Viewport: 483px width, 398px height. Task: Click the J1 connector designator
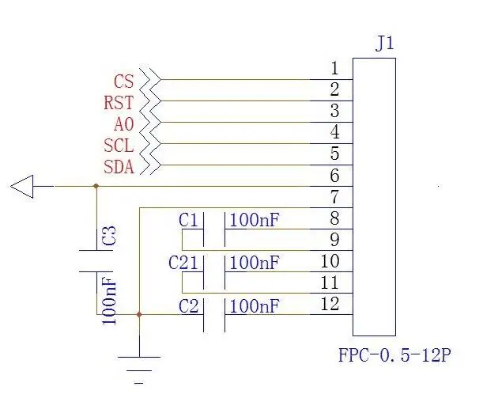pyautogui.click(x=384, y=44)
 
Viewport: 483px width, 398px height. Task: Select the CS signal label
pyautogui.click(x=124, y=81)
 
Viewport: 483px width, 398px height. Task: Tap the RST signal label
pyautogui.click(x=119, y=103)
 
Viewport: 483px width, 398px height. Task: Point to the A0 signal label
pyautogui.click(x=124, y=124)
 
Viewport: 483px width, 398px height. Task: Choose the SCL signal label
pyautogui.click(x=119, y=146)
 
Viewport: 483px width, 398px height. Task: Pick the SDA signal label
pyautogui.click(x=119, y=167)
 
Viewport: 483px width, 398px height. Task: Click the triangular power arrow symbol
pyautogui.click(x=22, y=187)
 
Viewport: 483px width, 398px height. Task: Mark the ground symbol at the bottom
pyautogui.click(x=139, y=370)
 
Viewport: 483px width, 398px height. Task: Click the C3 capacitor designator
pyautogui.click(x=109, y=236)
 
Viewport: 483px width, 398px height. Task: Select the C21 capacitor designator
pyautogui.click(x=183, y=263)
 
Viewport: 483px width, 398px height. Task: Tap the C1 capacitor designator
pyautogui.click(x=188, y=220)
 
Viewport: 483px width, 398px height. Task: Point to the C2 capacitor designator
pyautogui.click(x=188, y=306)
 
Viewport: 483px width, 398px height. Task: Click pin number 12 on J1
pyautogui.click(x=330, y=304)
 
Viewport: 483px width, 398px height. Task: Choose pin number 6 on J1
pyautogui.click(x=335, y=176)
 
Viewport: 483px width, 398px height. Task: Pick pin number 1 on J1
pyautogui.click(x=335, y=68)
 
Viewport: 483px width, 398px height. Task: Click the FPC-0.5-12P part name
pyautogui.click(x=394, y=354)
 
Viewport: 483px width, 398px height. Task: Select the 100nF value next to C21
pyautogui.click(x=255, y=263)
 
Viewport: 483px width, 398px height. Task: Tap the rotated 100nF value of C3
pyautogui.click(x=109, y=301)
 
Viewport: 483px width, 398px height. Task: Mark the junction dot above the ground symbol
pyautogui.click(x=139, y=314)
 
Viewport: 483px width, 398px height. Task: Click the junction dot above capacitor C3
pyautogui.click(x=96, y=186)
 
